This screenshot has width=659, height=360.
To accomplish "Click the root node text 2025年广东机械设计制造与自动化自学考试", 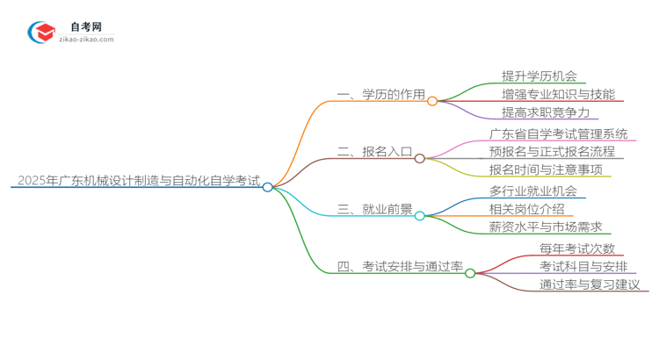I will tap(137, 182).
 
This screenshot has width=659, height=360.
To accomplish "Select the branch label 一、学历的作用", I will tap(380, 96).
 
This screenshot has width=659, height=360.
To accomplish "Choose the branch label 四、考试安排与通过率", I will tap(400, 267).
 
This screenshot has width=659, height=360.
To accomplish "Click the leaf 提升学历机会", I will tap(539, 76).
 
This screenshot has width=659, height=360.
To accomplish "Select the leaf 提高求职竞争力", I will tap(545, 112).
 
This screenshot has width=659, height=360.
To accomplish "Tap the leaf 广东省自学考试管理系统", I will tap(559, 133).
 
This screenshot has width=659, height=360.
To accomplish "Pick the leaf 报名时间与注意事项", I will tap(546, 169).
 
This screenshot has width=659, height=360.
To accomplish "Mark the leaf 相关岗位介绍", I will tap(526, 209).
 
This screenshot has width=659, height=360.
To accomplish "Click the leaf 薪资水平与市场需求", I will tap(545, 227).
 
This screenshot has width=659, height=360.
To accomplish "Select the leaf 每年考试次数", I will tap(577, 248).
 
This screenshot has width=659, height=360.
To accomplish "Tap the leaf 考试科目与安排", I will tap(583, 266).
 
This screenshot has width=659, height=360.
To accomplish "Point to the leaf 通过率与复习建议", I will tap(590, 284).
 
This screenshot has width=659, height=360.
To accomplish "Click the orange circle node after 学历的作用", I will tap(432, 101).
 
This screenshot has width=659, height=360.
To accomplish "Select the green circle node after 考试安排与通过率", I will tap(470, 273).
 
